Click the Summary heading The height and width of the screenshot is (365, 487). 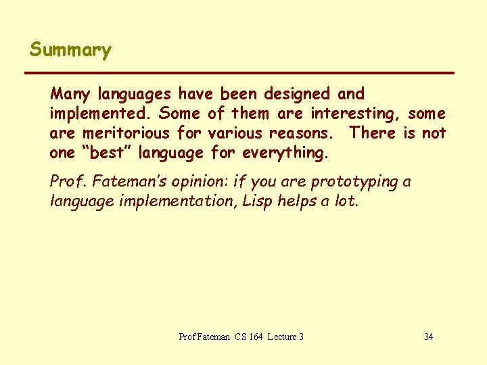[70, 51]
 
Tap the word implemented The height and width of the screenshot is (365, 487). [100, 114]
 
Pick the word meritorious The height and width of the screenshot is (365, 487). [126, 133]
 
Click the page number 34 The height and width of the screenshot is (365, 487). [428, 337]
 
